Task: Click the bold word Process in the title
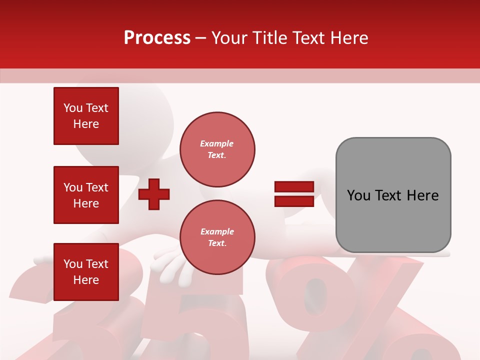pos(157,37)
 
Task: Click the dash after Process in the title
pos(201,38)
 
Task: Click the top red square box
pos(86,116)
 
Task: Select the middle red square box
pos(86,195)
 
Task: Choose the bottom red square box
pos(86,272)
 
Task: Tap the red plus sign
pos(154,194)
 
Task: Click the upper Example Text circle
pos(217,149)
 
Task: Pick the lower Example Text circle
pos(217,237)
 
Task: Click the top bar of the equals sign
pos(294,186)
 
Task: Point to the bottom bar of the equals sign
pos(294,201)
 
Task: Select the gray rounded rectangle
pos(393,195)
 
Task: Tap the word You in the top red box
pos(73,108)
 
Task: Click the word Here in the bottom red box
pos(86,280)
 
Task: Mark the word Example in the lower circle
pos(217,231)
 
